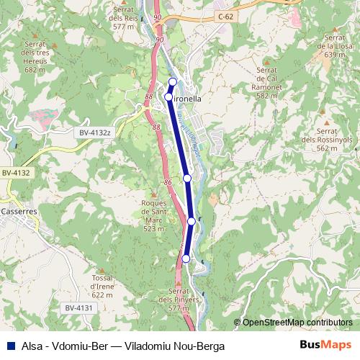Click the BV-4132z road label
(x=95, y=132)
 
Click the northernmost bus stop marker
(x=173, y=81)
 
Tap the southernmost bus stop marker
(x=186, y=258)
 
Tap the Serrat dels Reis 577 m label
(x=125, y=17)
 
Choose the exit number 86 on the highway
(x=168, y=184)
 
